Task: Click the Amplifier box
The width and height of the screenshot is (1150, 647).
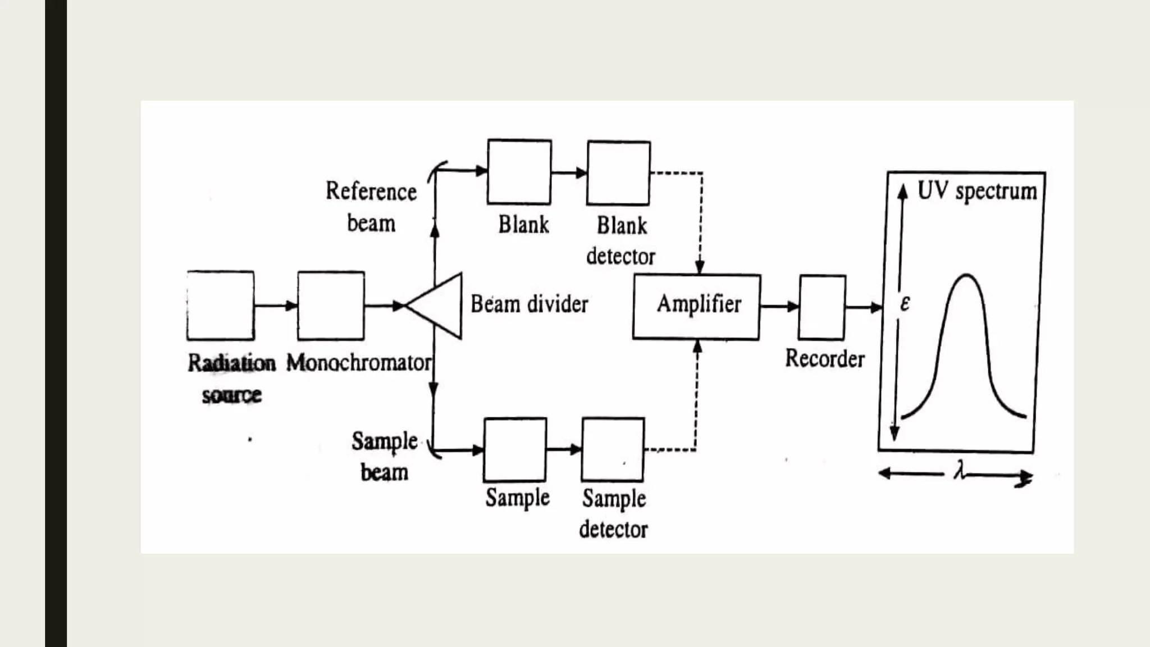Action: coord(696,307)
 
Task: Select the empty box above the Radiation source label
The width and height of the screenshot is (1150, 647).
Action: coord(220,306)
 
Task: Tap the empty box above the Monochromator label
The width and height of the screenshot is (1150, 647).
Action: coord(331,306)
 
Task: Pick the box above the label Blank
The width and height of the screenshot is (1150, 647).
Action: coord(519,172)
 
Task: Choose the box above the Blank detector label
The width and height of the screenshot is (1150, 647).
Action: coord(618,173)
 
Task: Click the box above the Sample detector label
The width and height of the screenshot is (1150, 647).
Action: coord(613,449)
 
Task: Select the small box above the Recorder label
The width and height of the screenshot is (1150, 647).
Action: coord(822,307)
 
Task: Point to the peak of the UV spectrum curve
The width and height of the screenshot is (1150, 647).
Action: coord(967,275)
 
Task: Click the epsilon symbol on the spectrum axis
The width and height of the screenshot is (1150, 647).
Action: coord(905,303)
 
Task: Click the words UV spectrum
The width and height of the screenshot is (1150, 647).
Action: coord(976,192)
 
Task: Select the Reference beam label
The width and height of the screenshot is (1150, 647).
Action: coord(371,207)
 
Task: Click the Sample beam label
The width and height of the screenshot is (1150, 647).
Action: coord(385,456)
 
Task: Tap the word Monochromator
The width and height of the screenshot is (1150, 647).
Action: coord(359,363)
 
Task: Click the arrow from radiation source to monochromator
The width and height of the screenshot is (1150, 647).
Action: coord(276,306)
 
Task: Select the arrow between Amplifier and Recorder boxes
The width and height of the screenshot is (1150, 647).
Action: coord(779,307)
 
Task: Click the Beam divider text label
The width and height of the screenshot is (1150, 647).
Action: coord(529,304)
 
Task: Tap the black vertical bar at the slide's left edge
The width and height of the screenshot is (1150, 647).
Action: coord(56,323)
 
